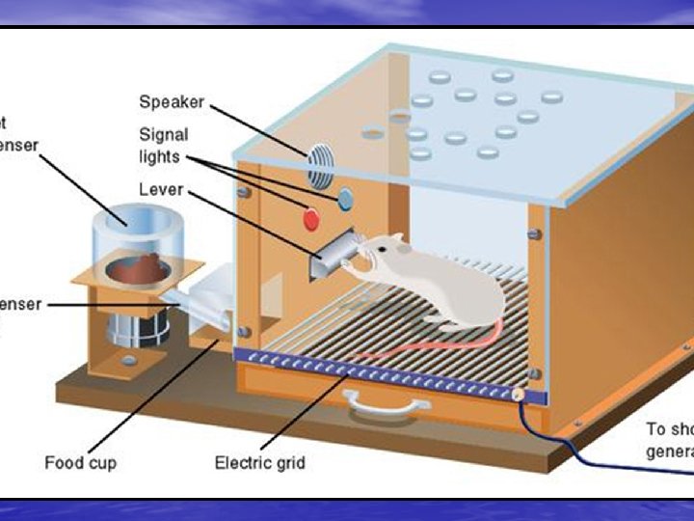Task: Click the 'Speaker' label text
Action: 172,101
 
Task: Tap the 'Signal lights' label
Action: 163,145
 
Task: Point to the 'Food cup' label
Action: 80,463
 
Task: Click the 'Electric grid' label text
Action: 259,463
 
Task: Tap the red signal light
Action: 311,219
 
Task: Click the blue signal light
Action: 344,200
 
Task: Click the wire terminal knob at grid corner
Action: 518,395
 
